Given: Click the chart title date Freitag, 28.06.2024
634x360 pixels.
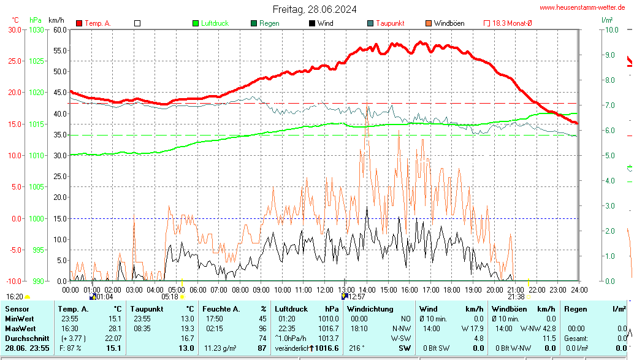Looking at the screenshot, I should (x=315, y=9).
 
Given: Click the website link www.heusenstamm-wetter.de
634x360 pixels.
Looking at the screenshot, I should (x=582, y=7).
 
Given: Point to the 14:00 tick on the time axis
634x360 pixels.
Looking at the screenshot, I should (x=367, y=289).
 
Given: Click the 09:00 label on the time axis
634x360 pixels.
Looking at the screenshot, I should (x=261, y=289).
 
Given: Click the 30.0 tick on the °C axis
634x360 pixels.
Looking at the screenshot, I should (x=13, y=29).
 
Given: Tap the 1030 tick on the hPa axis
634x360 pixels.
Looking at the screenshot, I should (x=36, y=29).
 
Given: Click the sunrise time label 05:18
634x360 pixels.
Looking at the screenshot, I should (x=170, y=296).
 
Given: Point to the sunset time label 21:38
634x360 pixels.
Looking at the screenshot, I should (x=516, y=296).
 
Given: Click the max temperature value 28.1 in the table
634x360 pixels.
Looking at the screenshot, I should (x=115, y=329).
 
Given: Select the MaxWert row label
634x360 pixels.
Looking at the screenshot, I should (x=20, y=329).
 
